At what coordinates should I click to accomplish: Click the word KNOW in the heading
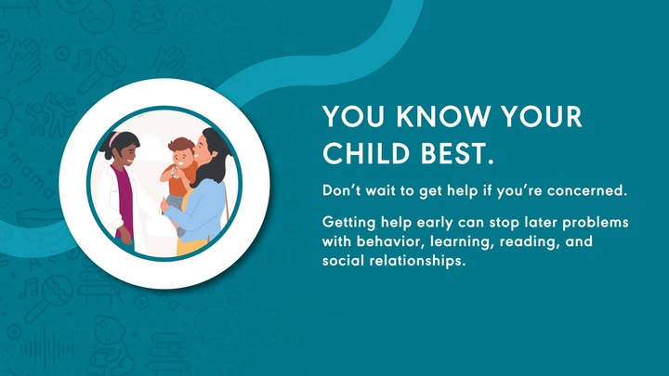(444, 116)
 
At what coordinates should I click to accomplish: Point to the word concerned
(587, 190)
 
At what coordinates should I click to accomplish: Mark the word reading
(529, 242)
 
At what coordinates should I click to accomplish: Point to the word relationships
(417, 261)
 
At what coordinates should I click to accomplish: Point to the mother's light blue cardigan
(201, 210)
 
